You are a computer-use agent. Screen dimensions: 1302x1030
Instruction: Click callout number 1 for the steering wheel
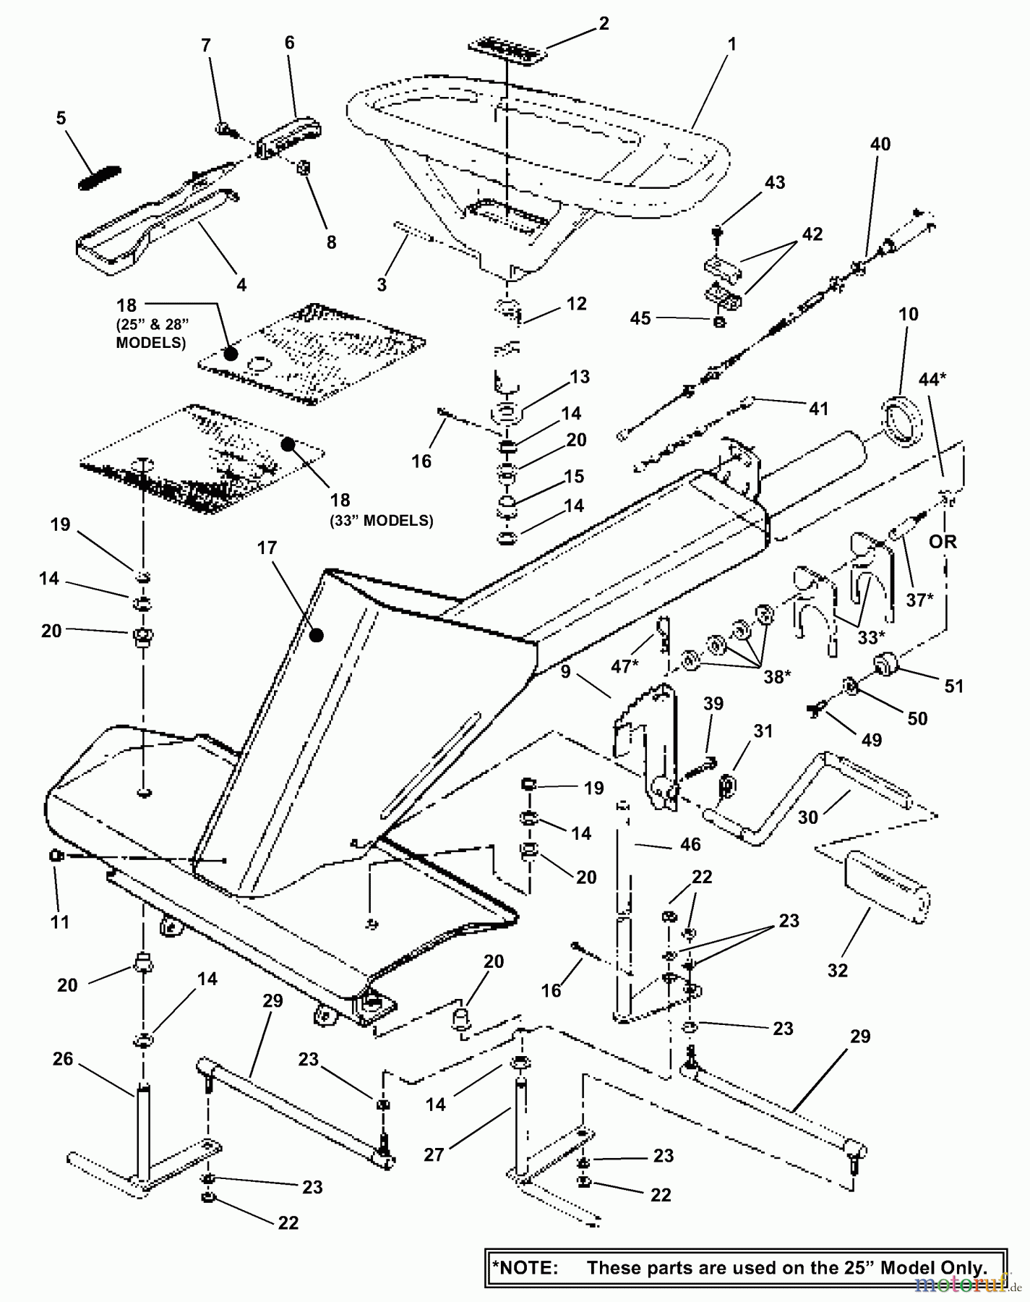click(x=731, y=45)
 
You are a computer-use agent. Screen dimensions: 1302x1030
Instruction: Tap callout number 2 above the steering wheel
click(x=604, y=23)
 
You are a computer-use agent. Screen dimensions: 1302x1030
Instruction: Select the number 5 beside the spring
click(x=61, y=117)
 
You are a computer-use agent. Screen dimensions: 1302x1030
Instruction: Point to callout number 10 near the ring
click(x=909, y=314)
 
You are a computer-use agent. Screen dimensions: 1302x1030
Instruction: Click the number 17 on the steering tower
click(x=267, y=548)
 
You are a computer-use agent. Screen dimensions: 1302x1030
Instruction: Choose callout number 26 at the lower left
click(x=63, y=1059)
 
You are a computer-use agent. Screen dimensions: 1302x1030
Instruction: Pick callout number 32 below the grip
click(x=837, y=969)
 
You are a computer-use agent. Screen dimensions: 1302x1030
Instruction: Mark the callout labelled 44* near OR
click(x=933, y=378)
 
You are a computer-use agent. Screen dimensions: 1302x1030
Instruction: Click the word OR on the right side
click(x=943, y=541)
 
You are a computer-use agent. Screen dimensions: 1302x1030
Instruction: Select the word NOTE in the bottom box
click(x=527, y=1267)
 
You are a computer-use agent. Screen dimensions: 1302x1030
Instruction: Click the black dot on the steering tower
click(x=316, y=635)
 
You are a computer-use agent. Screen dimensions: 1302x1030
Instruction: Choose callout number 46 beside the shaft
click(x=690, y=843)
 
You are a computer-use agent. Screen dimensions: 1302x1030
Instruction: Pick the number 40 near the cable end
click(x=880, y=144)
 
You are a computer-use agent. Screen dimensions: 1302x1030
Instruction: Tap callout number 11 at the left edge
click(x=59, y=922)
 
